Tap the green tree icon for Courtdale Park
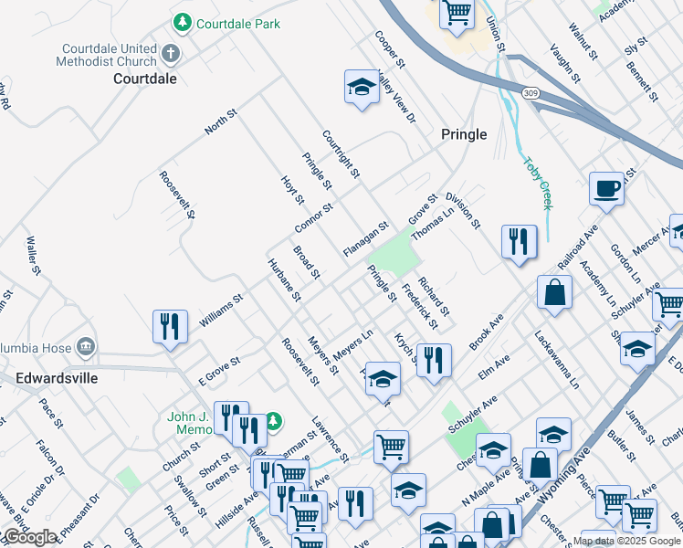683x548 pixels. coord(183,21)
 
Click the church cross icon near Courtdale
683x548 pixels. coord(170,53)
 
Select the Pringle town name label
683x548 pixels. coord(464,134)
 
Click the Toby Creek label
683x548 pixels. coord(538,184)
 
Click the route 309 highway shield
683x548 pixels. coord(531,93)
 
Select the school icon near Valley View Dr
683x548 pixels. coord(362,87)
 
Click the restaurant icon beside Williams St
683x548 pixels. coord(170,326)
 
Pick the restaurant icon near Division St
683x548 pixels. coord(519,241)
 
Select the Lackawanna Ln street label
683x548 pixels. coord(557,360)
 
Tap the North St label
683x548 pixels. coord(220,122)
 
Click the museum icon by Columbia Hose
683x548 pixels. coord(86,346)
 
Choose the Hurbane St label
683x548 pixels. coord(284,279)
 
